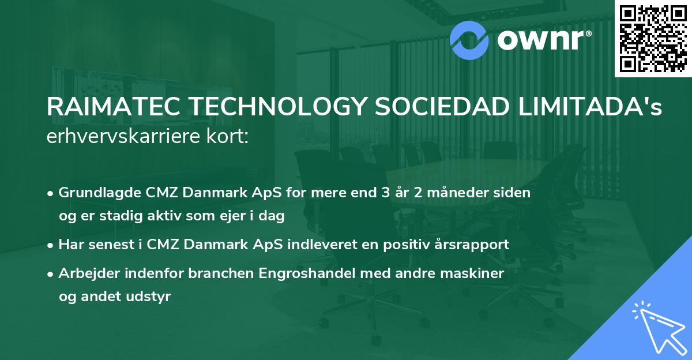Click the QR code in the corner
tap(653, 39)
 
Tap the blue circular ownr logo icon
tap(469, 39)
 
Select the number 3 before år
tap(385, 193)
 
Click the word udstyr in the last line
tap(152, 297)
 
